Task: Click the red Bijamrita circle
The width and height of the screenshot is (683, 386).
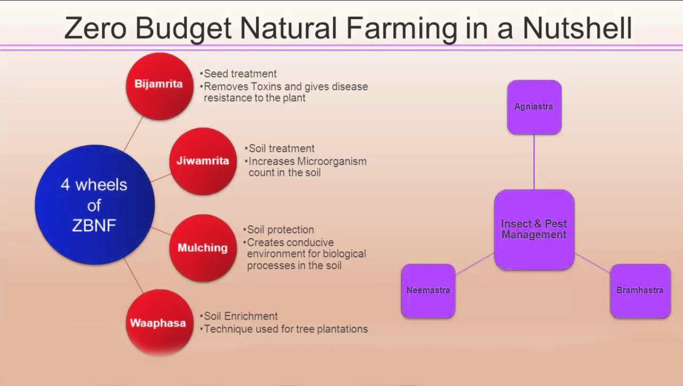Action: pos(159,86)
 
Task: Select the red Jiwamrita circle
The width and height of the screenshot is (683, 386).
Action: pos(202,161)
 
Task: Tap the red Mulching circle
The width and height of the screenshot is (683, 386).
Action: pos(202,248)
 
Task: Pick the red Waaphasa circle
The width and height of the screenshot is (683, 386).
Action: pos(159,323)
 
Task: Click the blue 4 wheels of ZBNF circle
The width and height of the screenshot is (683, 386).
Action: pos(94,205)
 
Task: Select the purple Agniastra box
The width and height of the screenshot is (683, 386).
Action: pos(534,107)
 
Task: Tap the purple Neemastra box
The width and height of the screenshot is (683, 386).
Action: pos(428,291)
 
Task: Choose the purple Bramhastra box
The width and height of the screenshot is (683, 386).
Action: pos(640,291)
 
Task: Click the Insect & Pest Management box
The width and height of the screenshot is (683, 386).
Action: pos(534,229)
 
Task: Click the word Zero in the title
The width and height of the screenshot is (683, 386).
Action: pos(95,28)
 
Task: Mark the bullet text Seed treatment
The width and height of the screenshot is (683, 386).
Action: pos(240,74)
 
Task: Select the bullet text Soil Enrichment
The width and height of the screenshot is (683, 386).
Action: pos(241,316)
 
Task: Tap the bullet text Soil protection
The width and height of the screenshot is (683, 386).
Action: pos(280,230)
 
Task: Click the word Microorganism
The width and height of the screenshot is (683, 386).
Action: pos(331,161)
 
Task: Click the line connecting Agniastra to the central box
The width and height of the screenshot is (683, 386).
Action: pos(534,162)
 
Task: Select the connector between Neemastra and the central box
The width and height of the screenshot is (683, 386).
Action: pos(475,264)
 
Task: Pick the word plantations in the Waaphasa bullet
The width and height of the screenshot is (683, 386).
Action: pos(341,329)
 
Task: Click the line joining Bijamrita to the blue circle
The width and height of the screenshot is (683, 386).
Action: pos(134,133)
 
